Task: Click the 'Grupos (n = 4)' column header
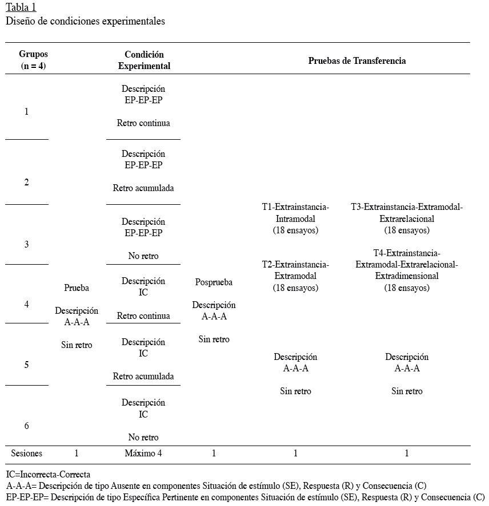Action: click(33, 60)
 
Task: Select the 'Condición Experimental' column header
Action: click(144, 60)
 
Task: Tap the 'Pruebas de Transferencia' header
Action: click(357, 60)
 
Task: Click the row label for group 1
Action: click(27, 112)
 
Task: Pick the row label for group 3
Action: click(27, 244)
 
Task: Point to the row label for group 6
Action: click(27, 426)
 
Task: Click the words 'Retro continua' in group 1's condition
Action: click(143, 123)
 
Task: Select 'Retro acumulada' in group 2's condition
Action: click(143, 188)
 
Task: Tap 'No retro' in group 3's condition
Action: click(143, 256)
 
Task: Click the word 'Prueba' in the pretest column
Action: click(77, 288)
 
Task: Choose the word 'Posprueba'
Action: click(214, 282)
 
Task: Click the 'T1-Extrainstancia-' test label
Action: click(295, 207)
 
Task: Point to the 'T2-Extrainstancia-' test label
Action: click(295, 264)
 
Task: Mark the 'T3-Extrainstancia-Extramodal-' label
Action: click(407, 207)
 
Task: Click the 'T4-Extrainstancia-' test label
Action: click(407, 253)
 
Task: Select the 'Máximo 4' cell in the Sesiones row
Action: click(143, 454)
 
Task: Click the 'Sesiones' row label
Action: click(27, 454)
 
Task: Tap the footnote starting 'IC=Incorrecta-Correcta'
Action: click(48, 474)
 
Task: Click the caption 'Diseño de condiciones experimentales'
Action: click(86, 22)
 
